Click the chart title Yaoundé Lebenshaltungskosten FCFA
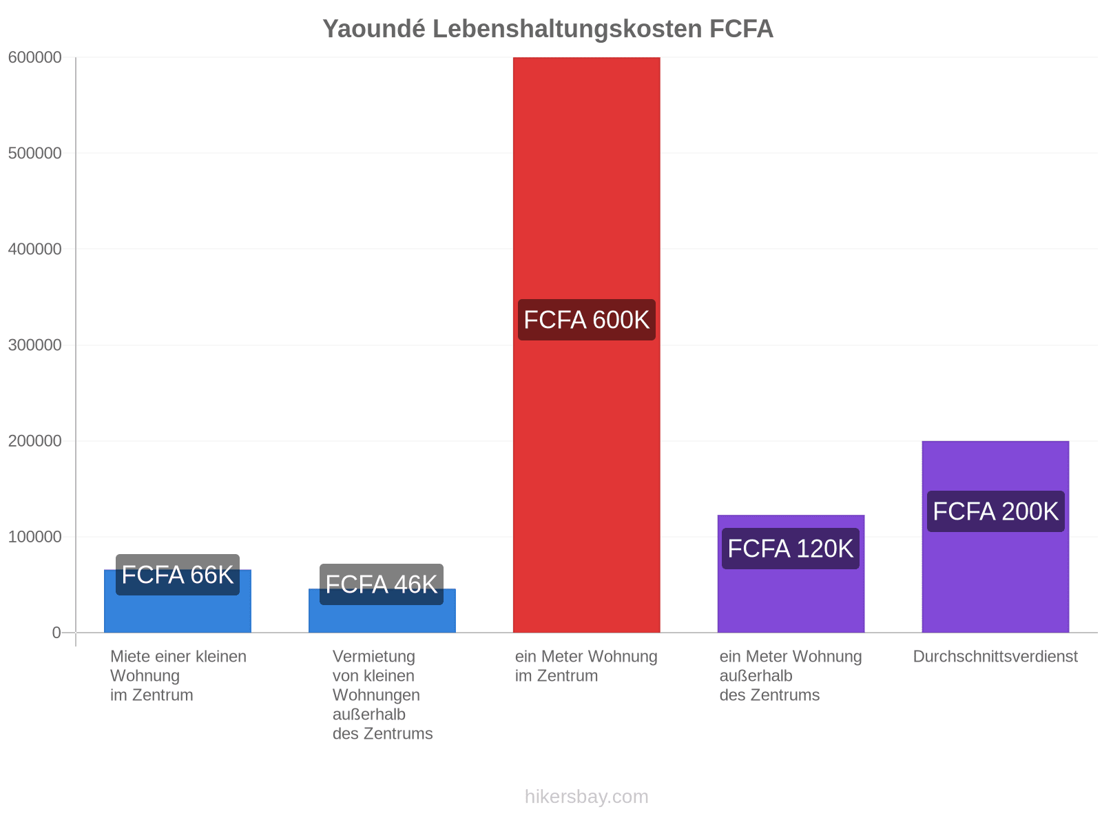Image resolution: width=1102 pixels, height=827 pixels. [548, 29]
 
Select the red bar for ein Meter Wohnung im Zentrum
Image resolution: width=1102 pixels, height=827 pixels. [586, 345]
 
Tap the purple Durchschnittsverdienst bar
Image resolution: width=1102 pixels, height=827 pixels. [995, 536]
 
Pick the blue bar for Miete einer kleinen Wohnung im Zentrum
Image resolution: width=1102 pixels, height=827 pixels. [177, 600]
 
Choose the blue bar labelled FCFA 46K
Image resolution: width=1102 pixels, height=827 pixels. [382, 610]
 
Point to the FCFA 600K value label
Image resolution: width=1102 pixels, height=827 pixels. [586, 320]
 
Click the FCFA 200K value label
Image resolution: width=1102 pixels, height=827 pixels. [995, 511]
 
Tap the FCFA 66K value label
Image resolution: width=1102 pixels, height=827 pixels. [177, 575]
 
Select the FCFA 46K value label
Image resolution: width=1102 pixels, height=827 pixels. [381, 584]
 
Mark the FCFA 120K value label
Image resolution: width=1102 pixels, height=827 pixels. [790, 549]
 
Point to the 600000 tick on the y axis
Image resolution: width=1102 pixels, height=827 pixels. [34, 57]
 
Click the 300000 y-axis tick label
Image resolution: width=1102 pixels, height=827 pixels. [34, 345]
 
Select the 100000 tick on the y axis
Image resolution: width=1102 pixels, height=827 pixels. [34, 537]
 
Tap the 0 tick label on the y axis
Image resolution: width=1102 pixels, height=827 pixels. [56, 633]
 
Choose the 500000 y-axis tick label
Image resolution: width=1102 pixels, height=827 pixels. [34, 153]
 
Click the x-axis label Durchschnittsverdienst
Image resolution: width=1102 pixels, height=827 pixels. [995, 656]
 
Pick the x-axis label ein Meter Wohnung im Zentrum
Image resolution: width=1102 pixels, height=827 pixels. [586, 666]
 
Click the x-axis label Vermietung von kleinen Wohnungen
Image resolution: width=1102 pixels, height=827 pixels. [375, 675]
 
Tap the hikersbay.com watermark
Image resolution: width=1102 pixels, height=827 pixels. [586, 797]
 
